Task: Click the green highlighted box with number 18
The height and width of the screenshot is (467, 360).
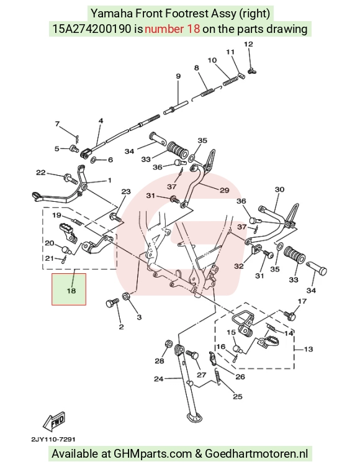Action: [69, 289]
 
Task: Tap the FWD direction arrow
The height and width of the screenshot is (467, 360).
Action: [54, 422]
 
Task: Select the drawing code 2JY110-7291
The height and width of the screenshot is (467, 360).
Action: [53, 439]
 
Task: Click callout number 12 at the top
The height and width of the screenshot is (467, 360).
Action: [248, 44]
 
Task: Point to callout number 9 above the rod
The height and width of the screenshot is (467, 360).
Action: [178, 76]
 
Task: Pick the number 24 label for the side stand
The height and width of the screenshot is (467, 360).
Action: [158, 379]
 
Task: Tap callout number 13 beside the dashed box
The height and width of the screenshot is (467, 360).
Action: [308, 349]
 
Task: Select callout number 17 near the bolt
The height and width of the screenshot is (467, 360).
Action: [302, 301]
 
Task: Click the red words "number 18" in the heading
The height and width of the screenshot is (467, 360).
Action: [172, 29]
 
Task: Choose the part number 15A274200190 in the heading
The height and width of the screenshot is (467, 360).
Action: [92, 29]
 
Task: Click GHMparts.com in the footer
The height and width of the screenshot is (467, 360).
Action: [153, 453]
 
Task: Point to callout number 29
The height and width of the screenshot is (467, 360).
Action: [225, 190]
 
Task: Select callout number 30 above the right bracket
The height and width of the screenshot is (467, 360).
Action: [279, 189]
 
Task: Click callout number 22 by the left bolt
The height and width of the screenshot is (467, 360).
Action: [41, 173]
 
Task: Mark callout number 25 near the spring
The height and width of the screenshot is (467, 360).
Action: [237, 396]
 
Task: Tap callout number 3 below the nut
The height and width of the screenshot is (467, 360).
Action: [139, 317]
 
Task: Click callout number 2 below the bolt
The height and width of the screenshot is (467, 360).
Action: [121, 327]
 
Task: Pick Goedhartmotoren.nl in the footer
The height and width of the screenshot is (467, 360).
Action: [256, 453]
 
